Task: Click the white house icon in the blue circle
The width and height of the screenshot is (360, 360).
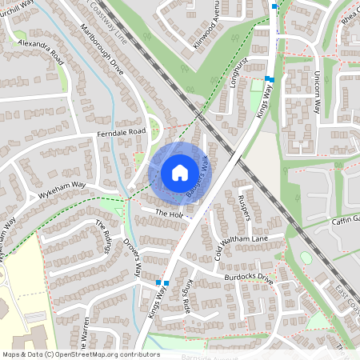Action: click(180, 172)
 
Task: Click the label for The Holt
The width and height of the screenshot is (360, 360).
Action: click(170, 214)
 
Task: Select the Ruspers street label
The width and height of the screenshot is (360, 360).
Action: click(245, 206)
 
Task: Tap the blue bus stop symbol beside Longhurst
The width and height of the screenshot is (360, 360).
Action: click(270, 79)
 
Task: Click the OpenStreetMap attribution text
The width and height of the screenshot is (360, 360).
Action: click(80, 354)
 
